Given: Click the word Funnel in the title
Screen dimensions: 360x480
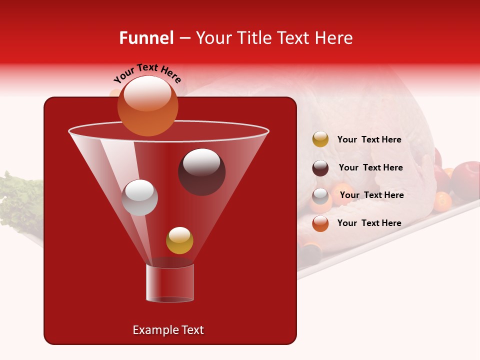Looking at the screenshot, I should (146, 38).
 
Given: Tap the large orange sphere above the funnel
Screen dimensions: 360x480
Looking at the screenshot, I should (147, 105).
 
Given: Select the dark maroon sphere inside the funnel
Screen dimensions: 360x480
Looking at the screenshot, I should (201, 172).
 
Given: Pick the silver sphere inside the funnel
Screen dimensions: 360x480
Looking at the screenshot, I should (139, 197).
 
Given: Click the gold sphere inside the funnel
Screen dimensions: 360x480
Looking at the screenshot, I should (179, 240).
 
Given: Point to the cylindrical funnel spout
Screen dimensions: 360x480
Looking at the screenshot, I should (169, 282).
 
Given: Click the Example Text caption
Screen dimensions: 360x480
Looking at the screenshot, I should (168, 330).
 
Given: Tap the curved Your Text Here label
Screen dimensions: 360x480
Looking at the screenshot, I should (147, 73).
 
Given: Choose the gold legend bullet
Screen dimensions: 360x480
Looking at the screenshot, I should (320, 139).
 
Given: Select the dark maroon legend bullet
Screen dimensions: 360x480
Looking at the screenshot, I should (320, 168).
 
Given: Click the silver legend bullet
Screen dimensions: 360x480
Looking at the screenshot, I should (320, 196).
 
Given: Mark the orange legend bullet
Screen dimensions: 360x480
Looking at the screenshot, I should (320, 223).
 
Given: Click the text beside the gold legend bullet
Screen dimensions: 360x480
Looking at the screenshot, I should (369, 139).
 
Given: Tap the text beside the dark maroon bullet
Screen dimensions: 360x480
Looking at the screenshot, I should (370, 167).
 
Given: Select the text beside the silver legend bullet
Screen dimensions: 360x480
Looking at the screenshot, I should (371, 195).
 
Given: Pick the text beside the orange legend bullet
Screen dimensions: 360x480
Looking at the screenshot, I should (369, 223).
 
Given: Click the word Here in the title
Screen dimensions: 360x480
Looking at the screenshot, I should (334, 38).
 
